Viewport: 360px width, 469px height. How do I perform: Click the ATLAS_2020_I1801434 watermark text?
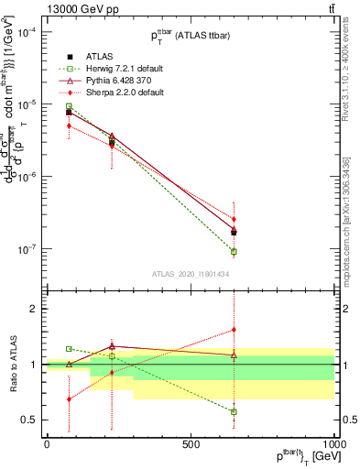pos(191,272)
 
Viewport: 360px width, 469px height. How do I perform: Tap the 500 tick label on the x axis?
pos(191,444)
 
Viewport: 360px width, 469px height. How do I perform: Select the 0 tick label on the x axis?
pos(47,444)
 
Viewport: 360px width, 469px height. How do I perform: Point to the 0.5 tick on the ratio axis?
pos(29,420)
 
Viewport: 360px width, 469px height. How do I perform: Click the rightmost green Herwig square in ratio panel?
pos(234,412)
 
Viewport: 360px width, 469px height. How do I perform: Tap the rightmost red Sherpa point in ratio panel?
pos(234,330)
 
